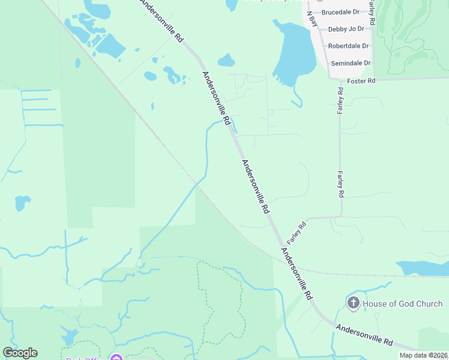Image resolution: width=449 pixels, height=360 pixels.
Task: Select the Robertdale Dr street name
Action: click(x=348, y=46)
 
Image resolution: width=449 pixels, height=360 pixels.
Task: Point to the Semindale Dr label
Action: click(x=351, y=63)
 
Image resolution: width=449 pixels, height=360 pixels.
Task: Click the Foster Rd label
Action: click(x=361, y=80)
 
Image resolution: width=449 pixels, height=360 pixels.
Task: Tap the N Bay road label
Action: click(x=313, y=19)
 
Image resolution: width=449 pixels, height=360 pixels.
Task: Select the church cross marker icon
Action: click(x=354, y=303)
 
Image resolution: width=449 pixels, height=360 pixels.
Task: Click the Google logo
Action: click(x=20, y=353)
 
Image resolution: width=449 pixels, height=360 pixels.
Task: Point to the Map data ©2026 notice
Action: click(x=423, y=355)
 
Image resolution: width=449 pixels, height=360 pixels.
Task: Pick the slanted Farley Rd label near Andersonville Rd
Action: click(x=296, y=233)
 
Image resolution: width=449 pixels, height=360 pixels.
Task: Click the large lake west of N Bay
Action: click(x=296, y=54)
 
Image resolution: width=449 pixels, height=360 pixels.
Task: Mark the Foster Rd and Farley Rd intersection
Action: click(x=340, y=79)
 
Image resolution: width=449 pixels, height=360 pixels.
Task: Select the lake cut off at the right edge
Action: click(x=423, y=268)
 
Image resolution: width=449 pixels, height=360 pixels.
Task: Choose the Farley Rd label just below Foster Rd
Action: click(x=340, y=101)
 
